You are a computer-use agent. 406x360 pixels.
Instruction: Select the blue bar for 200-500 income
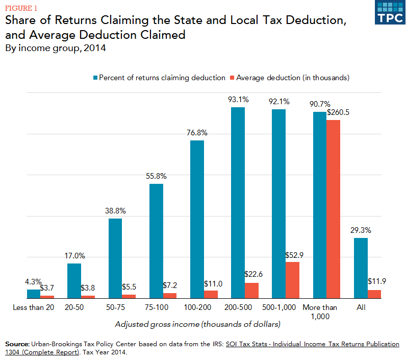[x=238, y=202]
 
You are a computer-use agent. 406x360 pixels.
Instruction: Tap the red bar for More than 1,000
[x=333, y=209]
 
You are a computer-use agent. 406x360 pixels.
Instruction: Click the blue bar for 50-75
[x=115, y=258]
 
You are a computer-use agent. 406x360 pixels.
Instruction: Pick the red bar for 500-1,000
[x=292, y=280]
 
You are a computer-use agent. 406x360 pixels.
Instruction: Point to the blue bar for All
[x=361, y=268]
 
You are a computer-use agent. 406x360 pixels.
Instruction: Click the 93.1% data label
[x=238, y=100]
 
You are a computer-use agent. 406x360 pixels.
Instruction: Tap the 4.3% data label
[x=33, y=281]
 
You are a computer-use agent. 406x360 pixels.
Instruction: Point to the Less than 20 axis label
[x=33, y=307]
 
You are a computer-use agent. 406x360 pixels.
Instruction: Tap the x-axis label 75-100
[x=156, y=307]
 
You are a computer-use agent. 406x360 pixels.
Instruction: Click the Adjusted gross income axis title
[x=198, y=324]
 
